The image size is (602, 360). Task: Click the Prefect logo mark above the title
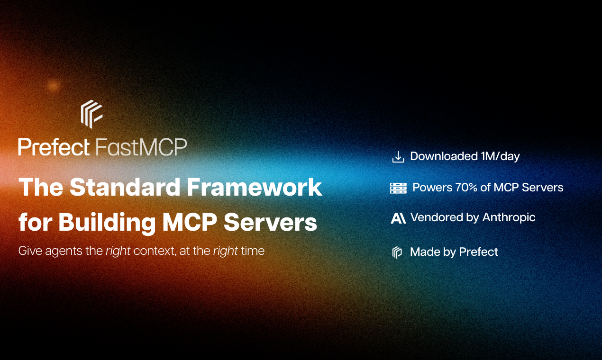[x=91, y=114]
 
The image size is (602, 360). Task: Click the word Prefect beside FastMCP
[x=54, y=147]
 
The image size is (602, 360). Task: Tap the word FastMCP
[x=141, y=147]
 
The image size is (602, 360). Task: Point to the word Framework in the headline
[x=254, y=188]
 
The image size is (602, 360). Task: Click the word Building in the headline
[x=108, y=222]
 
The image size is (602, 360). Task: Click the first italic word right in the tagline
[x=118, y=251]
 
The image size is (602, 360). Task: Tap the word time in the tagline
[x=253, y=251]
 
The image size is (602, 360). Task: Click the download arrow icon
[x=398, y=157]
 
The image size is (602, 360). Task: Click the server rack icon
[x=398, y=188]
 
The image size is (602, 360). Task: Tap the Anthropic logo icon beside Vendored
[x=398, y=218]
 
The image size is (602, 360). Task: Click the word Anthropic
[x=509, y=217]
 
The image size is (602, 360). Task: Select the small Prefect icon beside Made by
[x=397, y=252]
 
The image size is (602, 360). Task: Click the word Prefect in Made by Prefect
[x=478, y=252]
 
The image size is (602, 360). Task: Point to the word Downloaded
[x=444, y=156]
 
